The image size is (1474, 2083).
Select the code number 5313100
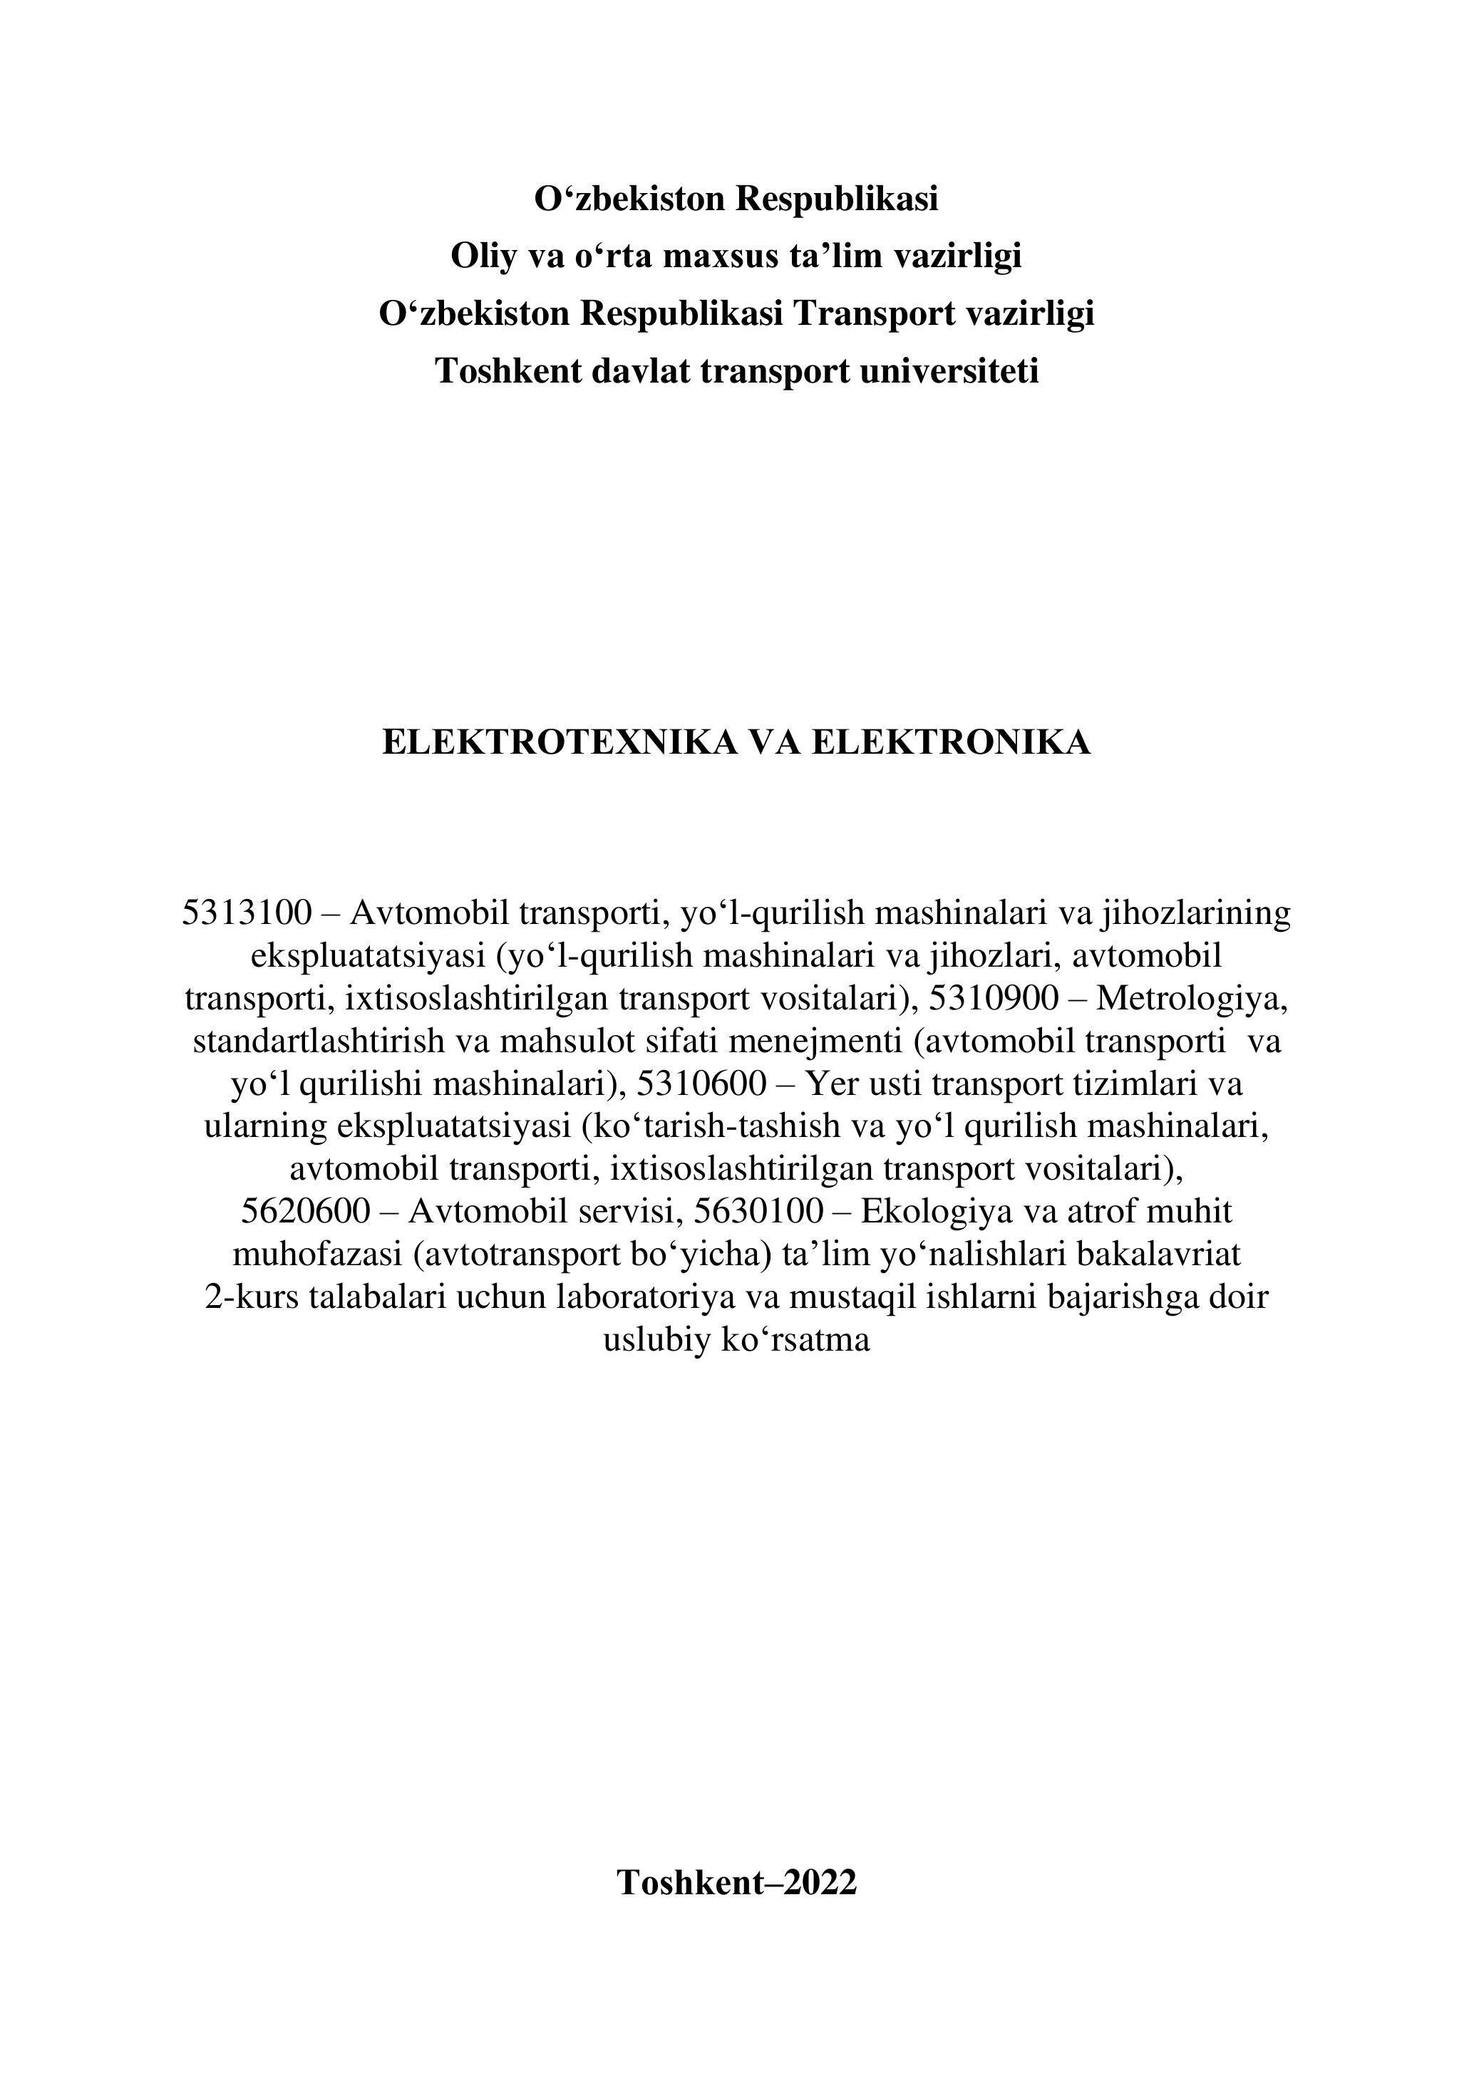click(247, 913)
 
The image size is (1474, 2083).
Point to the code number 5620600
click(306, 1211)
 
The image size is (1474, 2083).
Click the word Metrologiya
click(1192, 998)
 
